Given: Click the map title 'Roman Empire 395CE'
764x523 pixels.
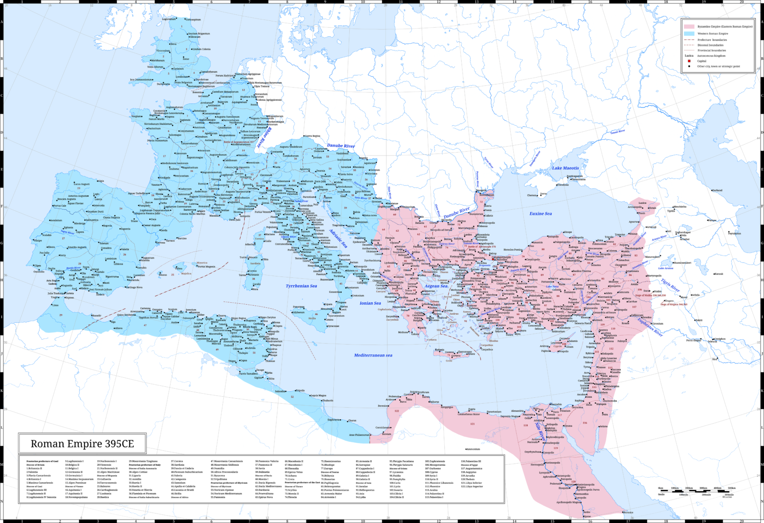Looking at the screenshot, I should click(x=82, y=443).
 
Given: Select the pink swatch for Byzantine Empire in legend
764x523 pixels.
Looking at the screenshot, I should click(x=689, y=26).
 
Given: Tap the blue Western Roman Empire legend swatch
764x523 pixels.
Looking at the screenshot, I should click(x=689, y=33).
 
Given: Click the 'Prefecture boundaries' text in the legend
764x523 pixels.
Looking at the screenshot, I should click(x=712, y=40).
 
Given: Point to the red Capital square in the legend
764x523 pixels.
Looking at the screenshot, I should click(x=689, y=61).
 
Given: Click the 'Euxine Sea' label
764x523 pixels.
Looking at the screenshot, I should click(x=540, y=214).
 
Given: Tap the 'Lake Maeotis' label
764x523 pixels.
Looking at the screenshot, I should click(x=565, y=168).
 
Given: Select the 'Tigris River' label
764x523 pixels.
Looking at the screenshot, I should click(x=670, y=285).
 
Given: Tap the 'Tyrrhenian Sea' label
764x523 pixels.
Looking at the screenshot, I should click(x=301, y=286).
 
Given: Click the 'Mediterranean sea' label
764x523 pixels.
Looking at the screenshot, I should click(x=373, y=355).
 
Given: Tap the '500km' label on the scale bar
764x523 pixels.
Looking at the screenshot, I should click(x=731, y=488).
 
